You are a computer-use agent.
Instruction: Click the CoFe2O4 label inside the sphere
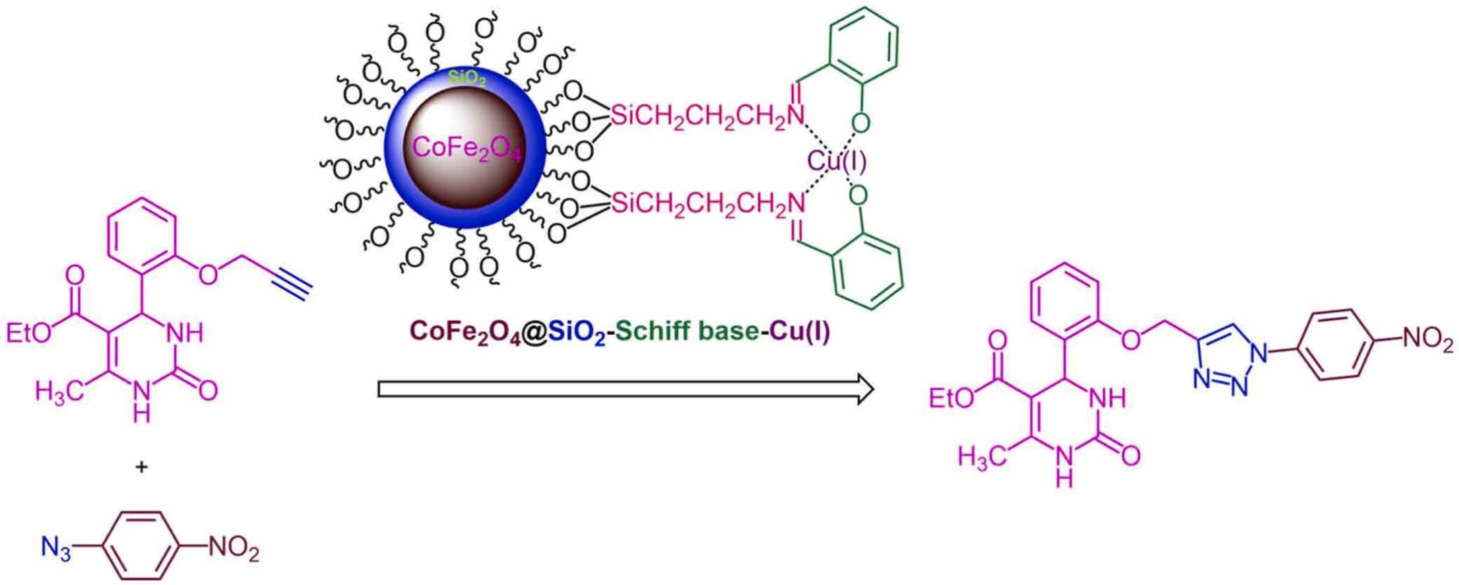pos(466,149)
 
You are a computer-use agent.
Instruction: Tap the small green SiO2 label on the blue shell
pos(467,79)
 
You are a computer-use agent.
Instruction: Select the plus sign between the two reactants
pos(141,467)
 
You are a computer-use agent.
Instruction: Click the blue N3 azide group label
pos(55,548)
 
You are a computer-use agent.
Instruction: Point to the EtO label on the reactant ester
pos(28,333)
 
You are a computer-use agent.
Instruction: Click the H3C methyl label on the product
pos(981,456)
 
